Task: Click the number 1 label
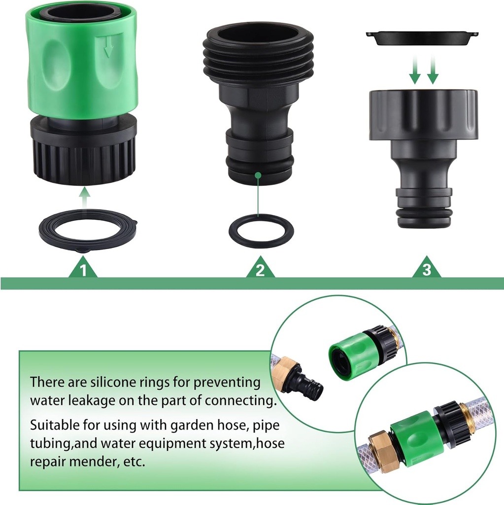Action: (x=83, y=270)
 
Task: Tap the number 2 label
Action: (x=261, y=270)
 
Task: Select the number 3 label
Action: (x=427, y=270)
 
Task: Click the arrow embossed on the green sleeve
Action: (x=109, y=47)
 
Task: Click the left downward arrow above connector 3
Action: (x=415, y=71)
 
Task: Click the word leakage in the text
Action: (x=85, y=400)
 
